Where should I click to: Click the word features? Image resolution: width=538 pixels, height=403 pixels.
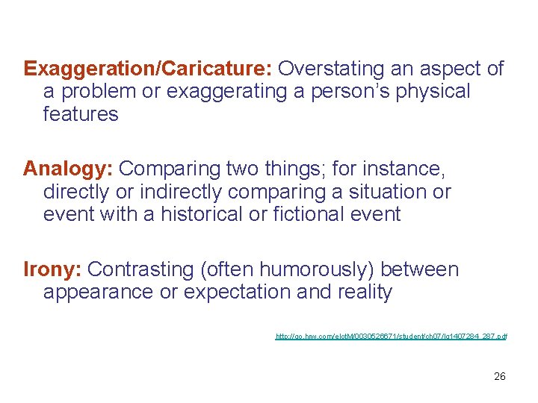pos(81,114)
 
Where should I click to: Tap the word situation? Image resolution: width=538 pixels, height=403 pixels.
pos(375,192)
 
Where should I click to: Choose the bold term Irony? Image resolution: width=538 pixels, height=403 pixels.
pos(53,269)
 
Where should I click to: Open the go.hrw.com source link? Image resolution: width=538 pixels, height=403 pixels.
pos(392,337)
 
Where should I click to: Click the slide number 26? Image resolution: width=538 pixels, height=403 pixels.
pos(500,376)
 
